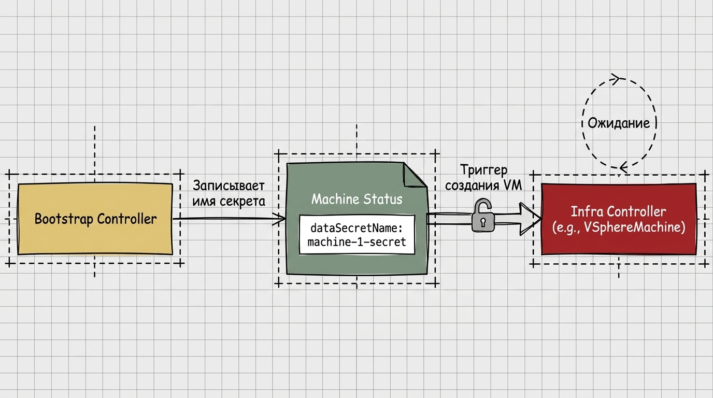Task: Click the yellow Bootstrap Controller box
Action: [95, 219]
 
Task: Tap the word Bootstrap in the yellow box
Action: [64, 219]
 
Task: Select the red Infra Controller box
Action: [619, 219]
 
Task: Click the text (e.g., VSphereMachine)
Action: [619, 228]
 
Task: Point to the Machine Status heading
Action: [357, 199]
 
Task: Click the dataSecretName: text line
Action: [357, 228]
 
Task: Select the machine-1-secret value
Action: [357, 242]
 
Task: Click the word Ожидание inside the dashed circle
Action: [619, 123]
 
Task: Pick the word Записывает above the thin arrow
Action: [229, 186]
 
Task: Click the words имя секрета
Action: [229, 201]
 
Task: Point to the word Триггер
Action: [484, 170]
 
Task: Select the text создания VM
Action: [483, 186]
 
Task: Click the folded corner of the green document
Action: [415, 175]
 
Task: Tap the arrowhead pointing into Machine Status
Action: [279, 218]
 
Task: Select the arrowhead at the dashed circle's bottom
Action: [623, 167]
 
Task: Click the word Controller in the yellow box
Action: [126, 219]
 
